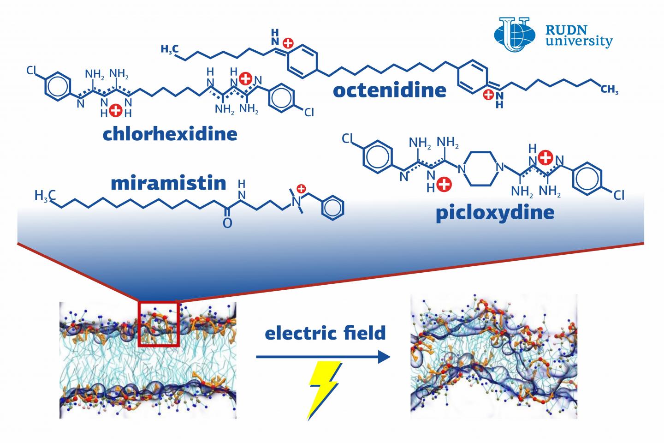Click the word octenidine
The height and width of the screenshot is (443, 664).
point(390,90)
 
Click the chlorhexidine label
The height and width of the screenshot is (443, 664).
point(170,134)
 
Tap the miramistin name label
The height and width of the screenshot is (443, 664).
point(168,183)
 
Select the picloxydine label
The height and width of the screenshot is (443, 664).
point(495,213)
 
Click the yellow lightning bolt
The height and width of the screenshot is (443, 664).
point(325,390)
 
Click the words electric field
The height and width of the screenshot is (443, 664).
point(325,333)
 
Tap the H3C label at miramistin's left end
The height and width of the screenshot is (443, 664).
point(45,196)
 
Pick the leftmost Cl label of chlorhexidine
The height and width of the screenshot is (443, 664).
point(32,71)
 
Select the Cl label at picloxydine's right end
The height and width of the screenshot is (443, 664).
point(619,196)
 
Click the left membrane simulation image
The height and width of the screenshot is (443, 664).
point(148,360)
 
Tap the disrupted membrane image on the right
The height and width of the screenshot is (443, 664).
point(493,356)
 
